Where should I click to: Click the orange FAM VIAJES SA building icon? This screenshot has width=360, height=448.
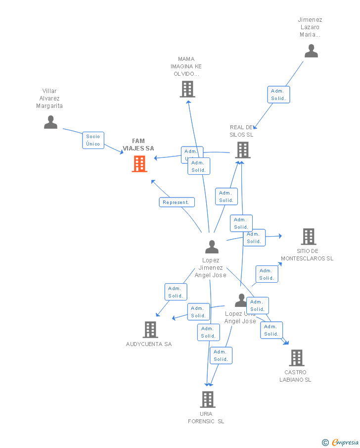coord(139,164)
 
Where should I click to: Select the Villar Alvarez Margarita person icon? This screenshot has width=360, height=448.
coord(50,122)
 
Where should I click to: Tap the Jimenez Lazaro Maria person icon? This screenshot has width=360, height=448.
coord(311,51)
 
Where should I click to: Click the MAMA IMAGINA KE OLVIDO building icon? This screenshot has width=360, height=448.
coord(187,89)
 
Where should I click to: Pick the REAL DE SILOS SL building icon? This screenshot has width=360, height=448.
coord(242,149)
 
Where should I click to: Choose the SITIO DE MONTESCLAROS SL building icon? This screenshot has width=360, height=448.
coord(309,237)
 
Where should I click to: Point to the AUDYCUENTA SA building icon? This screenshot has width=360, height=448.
coord(150,329)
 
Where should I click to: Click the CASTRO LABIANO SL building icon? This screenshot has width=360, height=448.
coord(296,357)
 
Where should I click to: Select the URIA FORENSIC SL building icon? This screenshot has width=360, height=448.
coord(207,399)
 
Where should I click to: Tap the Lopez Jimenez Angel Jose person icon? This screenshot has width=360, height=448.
coord(212,247)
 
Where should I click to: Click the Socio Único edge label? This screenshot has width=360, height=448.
coord(93,140)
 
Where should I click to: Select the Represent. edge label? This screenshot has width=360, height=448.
coord(177,202)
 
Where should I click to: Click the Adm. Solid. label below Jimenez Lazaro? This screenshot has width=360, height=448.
coord(278,95)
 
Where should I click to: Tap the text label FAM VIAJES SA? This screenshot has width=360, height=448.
coord(138,145)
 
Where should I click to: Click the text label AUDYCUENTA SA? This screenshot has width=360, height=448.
coord(149,344)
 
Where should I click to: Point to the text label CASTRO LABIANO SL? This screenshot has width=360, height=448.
coord(295,376)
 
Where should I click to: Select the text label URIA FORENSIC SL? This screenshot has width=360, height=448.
coord(206,417)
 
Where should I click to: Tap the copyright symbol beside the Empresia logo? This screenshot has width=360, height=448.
coord(325,443)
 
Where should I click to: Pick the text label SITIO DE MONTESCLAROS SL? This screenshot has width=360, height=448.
coord(307,254)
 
